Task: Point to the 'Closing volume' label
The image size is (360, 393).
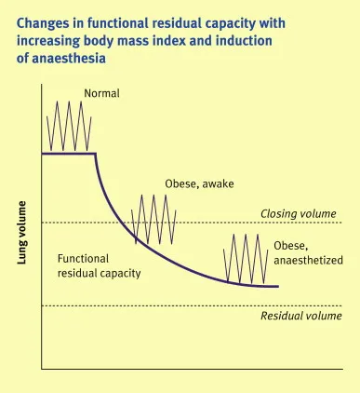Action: pyautogui.click(x=298, y=213)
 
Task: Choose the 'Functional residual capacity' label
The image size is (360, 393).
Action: pyautogui.click(x=99, y=265)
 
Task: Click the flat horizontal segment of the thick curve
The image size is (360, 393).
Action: pyautogui.click(x=69, y=153)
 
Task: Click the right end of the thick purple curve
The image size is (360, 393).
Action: pyautogui.click(x=277, y=286)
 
